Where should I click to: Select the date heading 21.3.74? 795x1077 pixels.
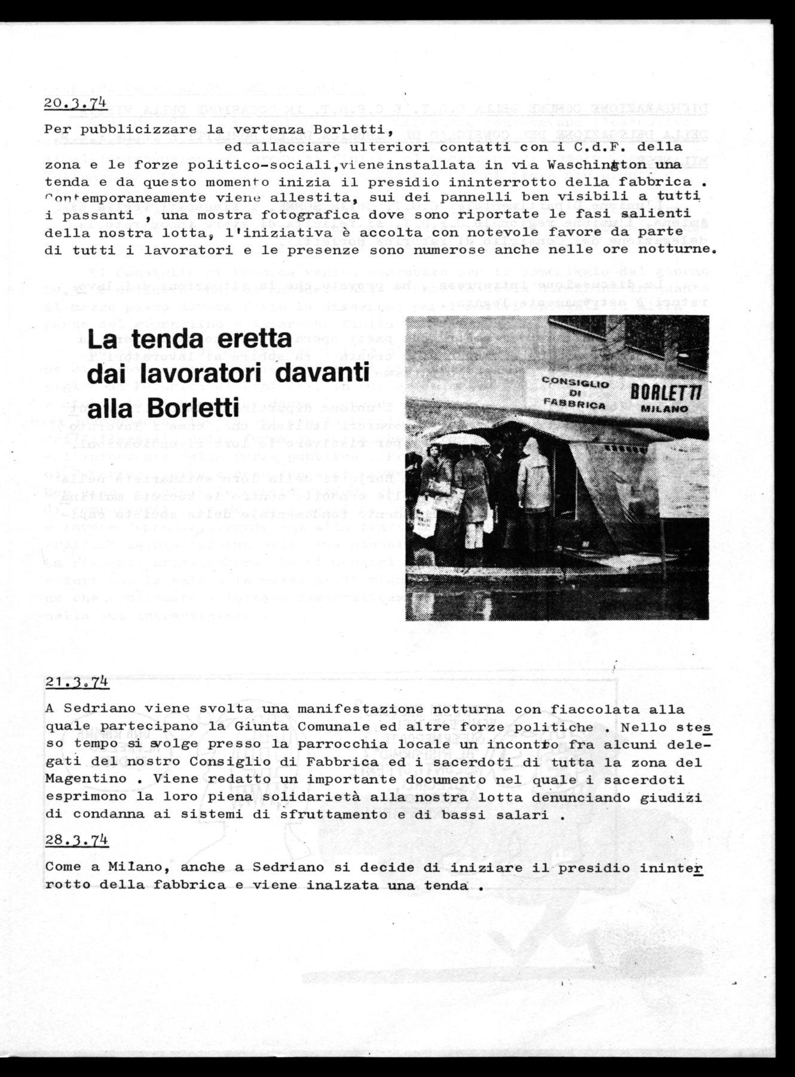[76, 682]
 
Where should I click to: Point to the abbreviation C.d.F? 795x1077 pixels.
[609, 146]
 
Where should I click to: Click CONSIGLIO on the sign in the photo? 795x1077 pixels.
[567, 383]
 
